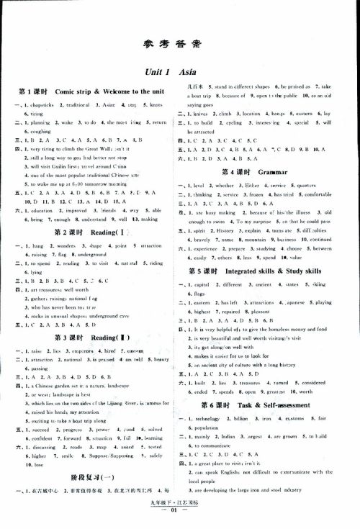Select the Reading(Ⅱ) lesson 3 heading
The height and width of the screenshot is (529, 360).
pyautogui.click(x=93, y=338)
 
